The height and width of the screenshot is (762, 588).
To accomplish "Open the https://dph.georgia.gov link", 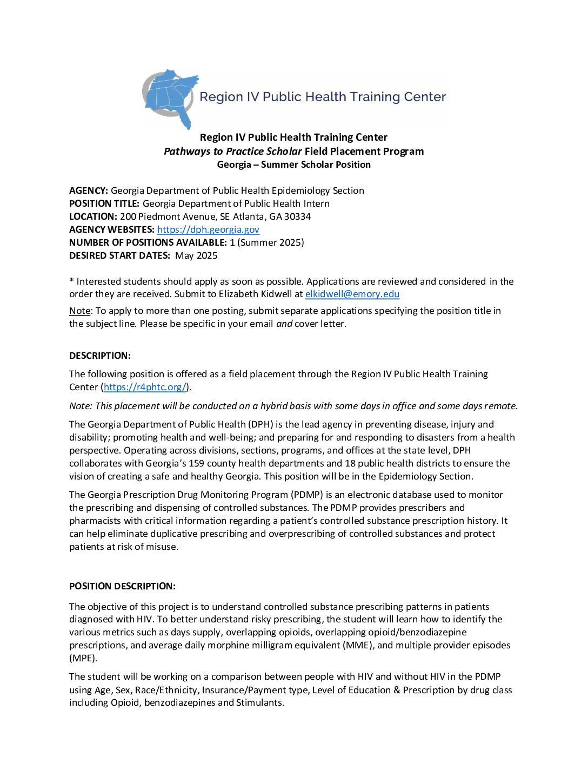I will pyautogui.click(x=208, y=229).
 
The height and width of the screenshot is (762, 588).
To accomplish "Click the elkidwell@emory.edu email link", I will pyautogui.click(x=352, y=294).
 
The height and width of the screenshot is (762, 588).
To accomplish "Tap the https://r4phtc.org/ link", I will pyautogui.click(x=145, y=387).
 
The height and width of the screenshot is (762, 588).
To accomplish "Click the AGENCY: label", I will pyautogui.click(x=89, y=190).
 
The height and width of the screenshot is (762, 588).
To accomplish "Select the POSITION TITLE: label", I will pyautogui.click(x=104, y=203).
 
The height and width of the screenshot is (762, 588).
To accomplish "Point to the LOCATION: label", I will pyautogui.click(x=93, y=216).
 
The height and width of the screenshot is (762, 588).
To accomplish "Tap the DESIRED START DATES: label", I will pyautogui.click(x=119, y=255).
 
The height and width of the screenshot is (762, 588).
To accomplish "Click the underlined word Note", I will pyautogui.click(x=79, y=311).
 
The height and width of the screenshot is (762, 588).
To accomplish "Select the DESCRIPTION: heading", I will pyautogui.click(x=100, y=356).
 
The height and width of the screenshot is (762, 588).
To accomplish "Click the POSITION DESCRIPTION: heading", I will pyautogui.click(x=122, y=586).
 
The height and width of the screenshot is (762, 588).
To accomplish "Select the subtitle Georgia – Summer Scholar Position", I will pyautogui.click(x=293, y=165).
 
